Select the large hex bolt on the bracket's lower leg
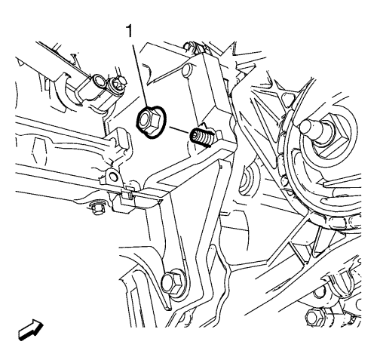pos(171,283)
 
